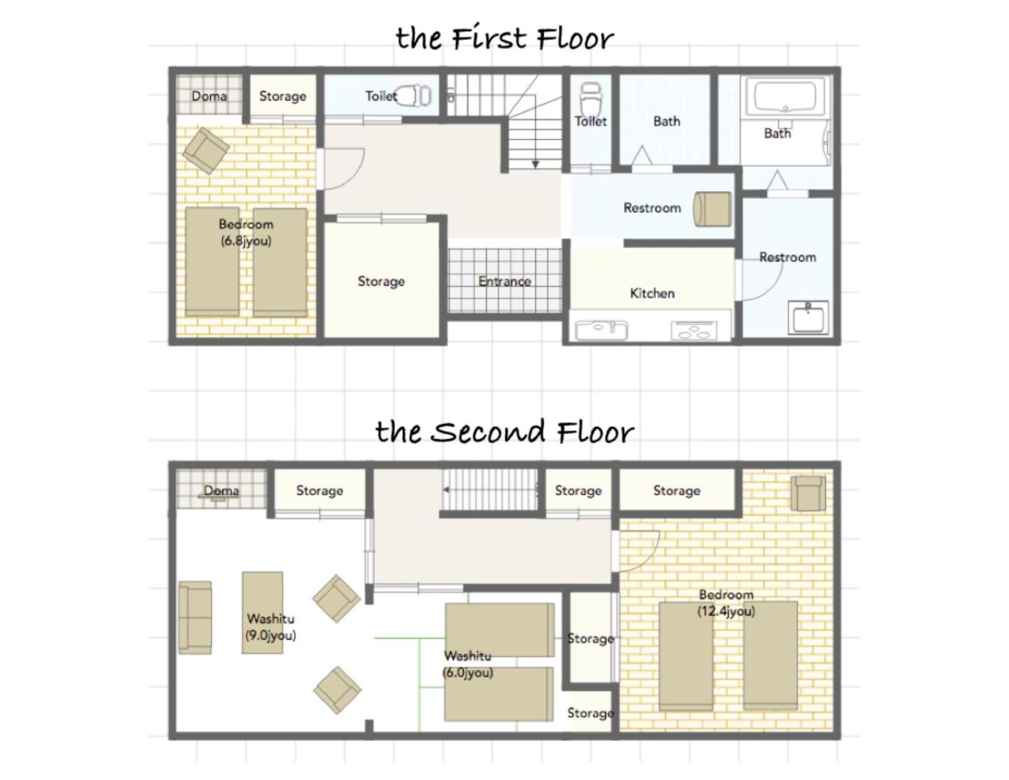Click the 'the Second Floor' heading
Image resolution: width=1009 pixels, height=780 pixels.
tap(504, 432)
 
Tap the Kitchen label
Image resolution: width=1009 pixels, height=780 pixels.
tap(652, 293)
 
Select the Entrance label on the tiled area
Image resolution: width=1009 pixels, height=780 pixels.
tap(504, 281)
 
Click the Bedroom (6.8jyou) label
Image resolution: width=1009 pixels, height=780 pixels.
tap(246, 233)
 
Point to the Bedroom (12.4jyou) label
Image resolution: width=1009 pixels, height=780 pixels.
tap(726, 603)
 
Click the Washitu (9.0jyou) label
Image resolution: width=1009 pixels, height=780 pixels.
tap(271, 626)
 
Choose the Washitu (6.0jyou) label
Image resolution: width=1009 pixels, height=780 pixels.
tap(468, 665)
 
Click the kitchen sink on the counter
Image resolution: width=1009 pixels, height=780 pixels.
tap(601, 330)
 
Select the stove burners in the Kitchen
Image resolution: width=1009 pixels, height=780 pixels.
tap(694, 330)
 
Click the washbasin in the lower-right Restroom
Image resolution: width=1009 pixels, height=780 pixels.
tap(809, 318)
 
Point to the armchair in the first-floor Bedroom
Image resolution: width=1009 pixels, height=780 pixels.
tap(205, 151)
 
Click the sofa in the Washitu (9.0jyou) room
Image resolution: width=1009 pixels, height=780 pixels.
tap(195, 618)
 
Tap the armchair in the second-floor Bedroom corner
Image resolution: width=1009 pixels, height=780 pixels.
tap(809, 494)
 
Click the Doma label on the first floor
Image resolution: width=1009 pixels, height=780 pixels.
tap(209, 96)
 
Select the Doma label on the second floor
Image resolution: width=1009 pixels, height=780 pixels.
tap(221, 490)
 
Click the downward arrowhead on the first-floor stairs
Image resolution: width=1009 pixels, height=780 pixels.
tap(535, 164)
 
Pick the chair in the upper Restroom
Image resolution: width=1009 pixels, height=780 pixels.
tap(712, 209)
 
